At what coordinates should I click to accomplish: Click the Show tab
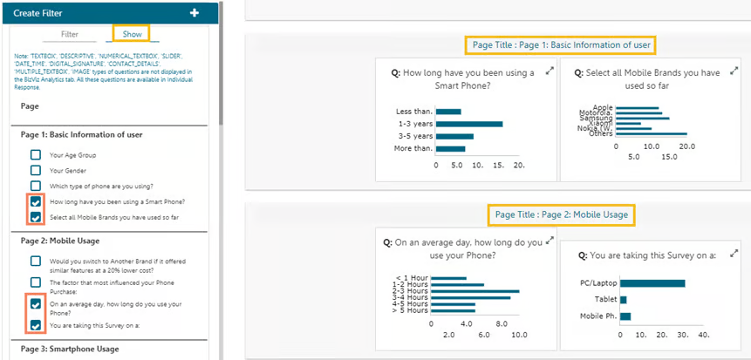(x=132, y=34)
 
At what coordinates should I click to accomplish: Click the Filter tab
(x=70, y=34)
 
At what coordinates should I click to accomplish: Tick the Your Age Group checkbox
(x=36, y=154)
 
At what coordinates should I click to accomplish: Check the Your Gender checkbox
(x=36, y=170)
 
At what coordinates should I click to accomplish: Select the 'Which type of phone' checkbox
(x=36, y=186)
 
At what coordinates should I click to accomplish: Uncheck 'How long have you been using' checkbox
(x=36, y=201)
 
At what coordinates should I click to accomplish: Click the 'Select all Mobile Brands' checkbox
(x=36, y=217)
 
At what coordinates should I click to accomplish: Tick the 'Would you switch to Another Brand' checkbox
(x=36, y=261)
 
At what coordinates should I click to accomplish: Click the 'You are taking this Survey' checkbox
(x=36, y=325)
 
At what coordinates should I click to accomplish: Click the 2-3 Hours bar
(x=474, y=291)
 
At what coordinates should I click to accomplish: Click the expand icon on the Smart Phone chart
(x=550, y=71)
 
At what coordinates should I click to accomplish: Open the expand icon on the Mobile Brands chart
(x=733, y=71)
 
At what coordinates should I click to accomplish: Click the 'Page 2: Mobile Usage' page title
(x=561, y=214)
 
